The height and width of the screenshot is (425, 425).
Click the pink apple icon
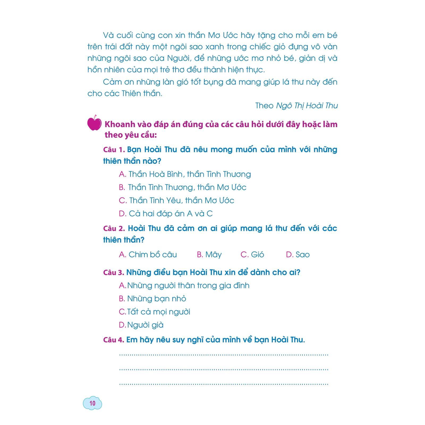click(94, 123)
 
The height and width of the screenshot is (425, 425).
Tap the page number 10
click(92, 403)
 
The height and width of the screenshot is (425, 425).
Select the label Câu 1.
click(114, 150)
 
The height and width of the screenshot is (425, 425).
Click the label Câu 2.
click(114, 229)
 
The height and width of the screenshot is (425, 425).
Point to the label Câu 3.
click(114, 273)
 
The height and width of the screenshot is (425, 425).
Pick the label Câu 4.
click(114, 340)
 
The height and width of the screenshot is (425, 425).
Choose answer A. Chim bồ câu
click(148, 255)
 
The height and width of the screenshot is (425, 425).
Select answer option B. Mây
click(209, 255)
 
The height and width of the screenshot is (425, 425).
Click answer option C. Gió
click(252, 255)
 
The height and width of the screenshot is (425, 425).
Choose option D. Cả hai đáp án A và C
click(166, 214)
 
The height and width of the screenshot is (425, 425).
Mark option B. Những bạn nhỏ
click(152, 299)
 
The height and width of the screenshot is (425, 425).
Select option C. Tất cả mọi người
click(155, 312)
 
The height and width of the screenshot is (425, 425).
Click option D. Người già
click(141, 325)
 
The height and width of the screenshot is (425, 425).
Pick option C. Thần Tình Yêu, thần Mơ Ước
click(176, 201)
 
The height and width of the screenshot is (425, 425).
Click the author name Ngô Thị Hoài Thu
click(307, 106)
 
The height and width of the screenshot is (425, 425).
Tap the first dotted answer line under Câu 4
click(224, 355)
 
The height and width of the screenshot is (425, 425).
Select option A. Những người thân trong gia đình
click(184, 286)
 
